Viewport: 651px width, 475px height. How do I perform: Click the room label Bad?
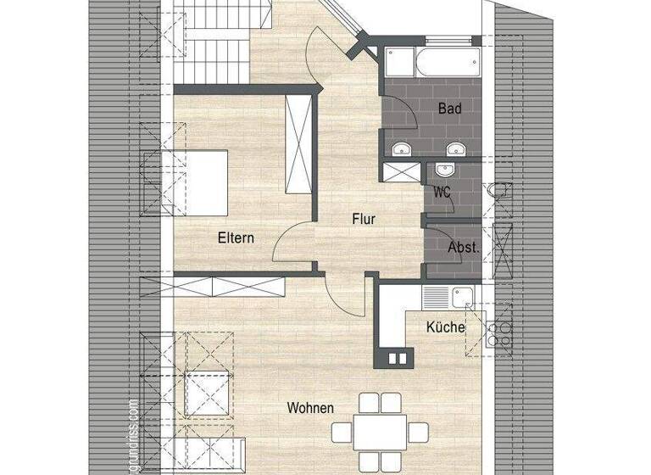click(x=449, y=109)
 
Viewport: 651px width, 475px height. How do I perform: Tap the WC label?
click(x=442, y=193)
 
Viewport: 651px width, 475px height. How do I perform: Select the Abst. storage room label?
click(x=463, y=249)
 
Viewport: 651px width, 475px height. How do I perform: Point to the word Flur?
click(x=364, y=219)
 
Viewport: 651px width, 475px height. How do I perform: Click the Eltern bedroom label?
click(x=235, y=237)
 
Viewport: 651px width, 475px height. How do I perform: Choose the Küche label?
click(x=445, y=327)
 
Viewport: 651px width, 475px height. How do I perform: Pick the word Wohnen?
click(x=309, y=408)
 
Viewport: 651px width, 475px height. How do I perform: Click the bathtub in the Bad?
click(x=432, y=63)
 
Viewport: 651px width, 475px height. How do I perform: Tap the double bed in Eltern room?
click(x=201, y=182)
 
